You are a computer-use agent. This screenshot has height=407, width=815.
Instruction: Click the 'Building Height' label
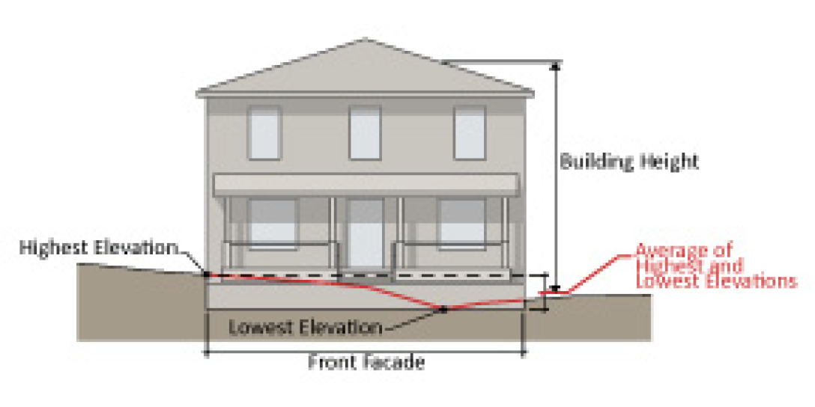click(629, 162)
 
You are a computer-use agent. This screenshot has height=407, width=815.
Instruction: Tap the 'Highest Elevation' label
click(98, 247)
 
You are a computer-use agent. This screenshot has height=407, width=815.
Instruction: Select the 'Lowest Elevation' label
click(305, 327)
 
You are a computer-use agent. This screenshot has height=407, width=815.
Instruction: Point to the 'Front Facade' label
click(366, 363)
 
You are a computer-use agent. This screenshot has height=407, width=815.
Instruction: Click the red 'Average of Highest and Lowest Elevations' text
click(715, 266)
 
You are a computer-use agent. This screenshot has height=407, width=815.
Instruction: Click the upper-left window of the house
click(264, 132)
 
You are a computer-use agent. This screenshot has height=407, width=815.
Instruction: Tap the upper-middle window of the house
click(365, 132)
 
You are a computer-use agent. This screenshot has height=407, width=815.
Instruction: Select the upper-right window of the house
click(470, 132)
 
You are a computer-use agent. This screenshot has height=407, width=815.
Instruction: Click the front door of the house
click(366, 233)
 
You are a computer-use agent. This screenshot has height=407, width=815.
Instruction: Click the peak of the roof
click(365, 40)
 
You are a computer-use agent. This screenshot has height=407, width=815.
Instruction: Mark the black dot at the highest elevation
click(206, 275)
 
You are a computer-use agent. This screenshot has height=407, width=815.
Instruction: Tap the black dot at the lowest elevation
click(443, 308)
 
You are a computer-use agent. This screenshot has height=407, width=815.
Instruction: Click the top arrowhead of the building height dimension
click(555, 66)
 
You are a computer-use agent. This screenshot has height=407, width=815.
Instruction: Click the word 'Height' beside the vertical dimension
click(669, 162)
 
